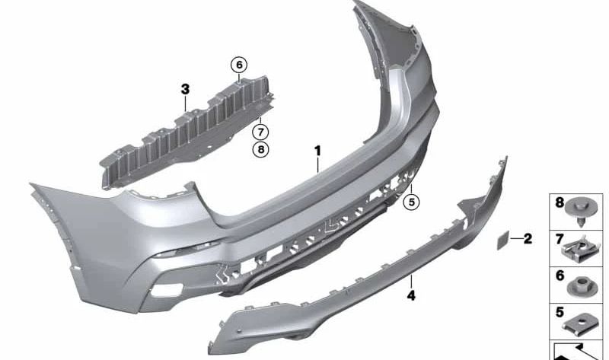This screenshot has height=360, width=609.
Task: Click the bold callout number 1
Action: [x=318, y=151]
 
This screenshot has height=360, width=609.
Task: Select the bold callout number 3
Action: [x=185, y=89]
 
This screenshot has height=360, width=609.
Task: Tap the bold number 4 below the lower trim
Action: [x=411, y=296]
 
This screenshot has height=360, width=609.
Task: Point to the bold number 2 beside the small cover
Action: [x=528, y=238]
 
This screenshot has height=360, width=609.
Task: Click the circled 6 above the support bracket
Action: [x=239, y=65]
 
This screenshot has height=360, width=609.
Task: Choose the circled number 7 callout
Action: [x=260, y=132]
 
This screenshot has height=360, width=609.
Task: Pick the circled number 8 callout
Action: [x=260, y=149]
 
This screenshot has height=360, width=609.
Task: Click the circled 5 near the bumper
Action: [x=411, y=202]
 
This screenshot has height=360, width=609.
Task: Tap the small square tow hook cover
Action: [x=503, y=240]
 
